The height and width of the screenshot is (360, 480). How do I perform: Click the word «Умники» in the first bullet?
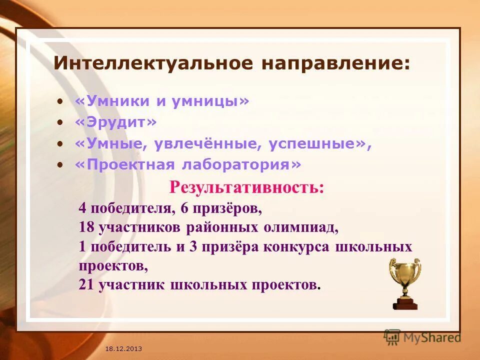point(112,101)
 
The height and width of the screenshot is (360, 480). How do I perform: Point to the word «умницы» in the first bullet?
point(208,101)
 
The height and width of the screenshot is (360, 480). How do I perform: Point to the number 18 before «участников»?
point(86,227)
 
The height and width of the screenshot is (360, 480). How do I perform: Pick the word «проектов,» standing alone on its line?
point(113,265)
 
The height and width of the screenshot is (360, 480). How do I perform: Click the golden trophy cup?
point(405,282)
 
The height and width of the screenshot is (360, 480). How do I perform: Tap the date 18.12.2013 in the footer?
point(124,348)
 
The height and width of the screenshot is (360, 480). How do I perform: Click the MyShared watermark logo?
point(422,337)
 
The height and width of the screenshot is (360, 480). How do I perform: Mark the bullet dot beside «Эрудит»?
point(60,122)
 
